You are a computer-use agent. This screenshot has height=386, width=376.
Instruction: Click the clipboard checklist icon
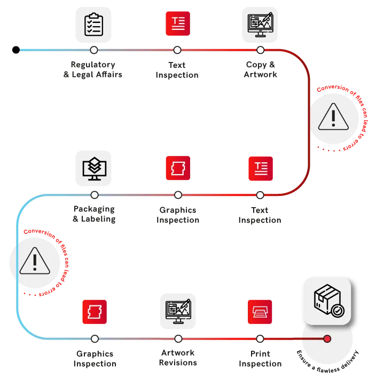(93, 23)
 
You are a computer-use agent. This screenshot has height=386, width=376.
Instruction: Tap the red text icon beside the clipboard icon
(177, 23)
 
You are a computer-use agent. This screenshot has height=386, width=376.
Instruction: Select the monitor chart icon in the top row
(261, 23)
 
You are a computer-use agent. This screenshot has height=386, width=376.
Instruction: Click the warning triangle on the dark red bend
(333, 117)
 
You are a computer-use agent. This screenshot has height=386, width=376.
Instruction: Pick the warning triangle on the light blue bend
(35, 262)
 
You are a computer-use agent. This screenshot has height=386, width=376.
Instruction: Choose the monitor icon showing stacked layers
(94, 168)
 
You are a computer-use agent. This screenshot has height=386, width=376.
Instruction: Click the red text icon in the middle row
(261, 169)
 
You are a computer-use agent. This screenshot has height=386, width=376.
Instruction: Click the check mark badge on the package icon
(338, 311)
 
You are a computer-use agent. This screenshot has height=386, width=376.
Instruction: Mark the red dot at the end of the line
(327, 339)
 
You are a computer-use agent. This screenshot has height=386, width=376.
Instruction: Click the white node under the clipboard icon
(94, 50)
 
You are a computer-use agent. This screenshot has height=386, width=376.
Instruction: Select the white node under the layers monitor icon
(95, 195)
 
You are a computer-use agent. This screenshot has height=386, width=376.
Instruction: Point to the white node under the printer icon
(260, 339)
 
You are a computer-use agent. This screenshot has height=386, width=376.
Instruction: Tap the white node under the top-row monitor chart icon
(261, 50)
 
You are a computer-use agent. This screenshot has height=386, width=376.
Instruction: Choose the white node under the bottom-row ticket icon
(95, 339)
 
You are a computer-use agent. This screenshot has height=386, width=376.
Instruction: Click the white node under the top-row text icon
(177, 50)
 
